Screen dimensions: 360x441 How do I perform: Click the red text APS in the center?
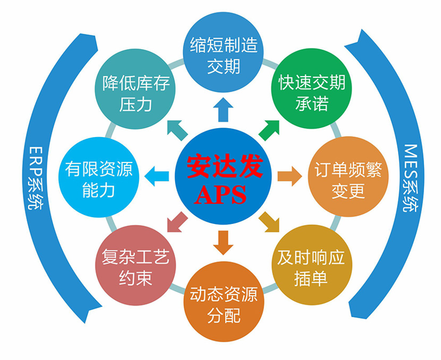point(220,194)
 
